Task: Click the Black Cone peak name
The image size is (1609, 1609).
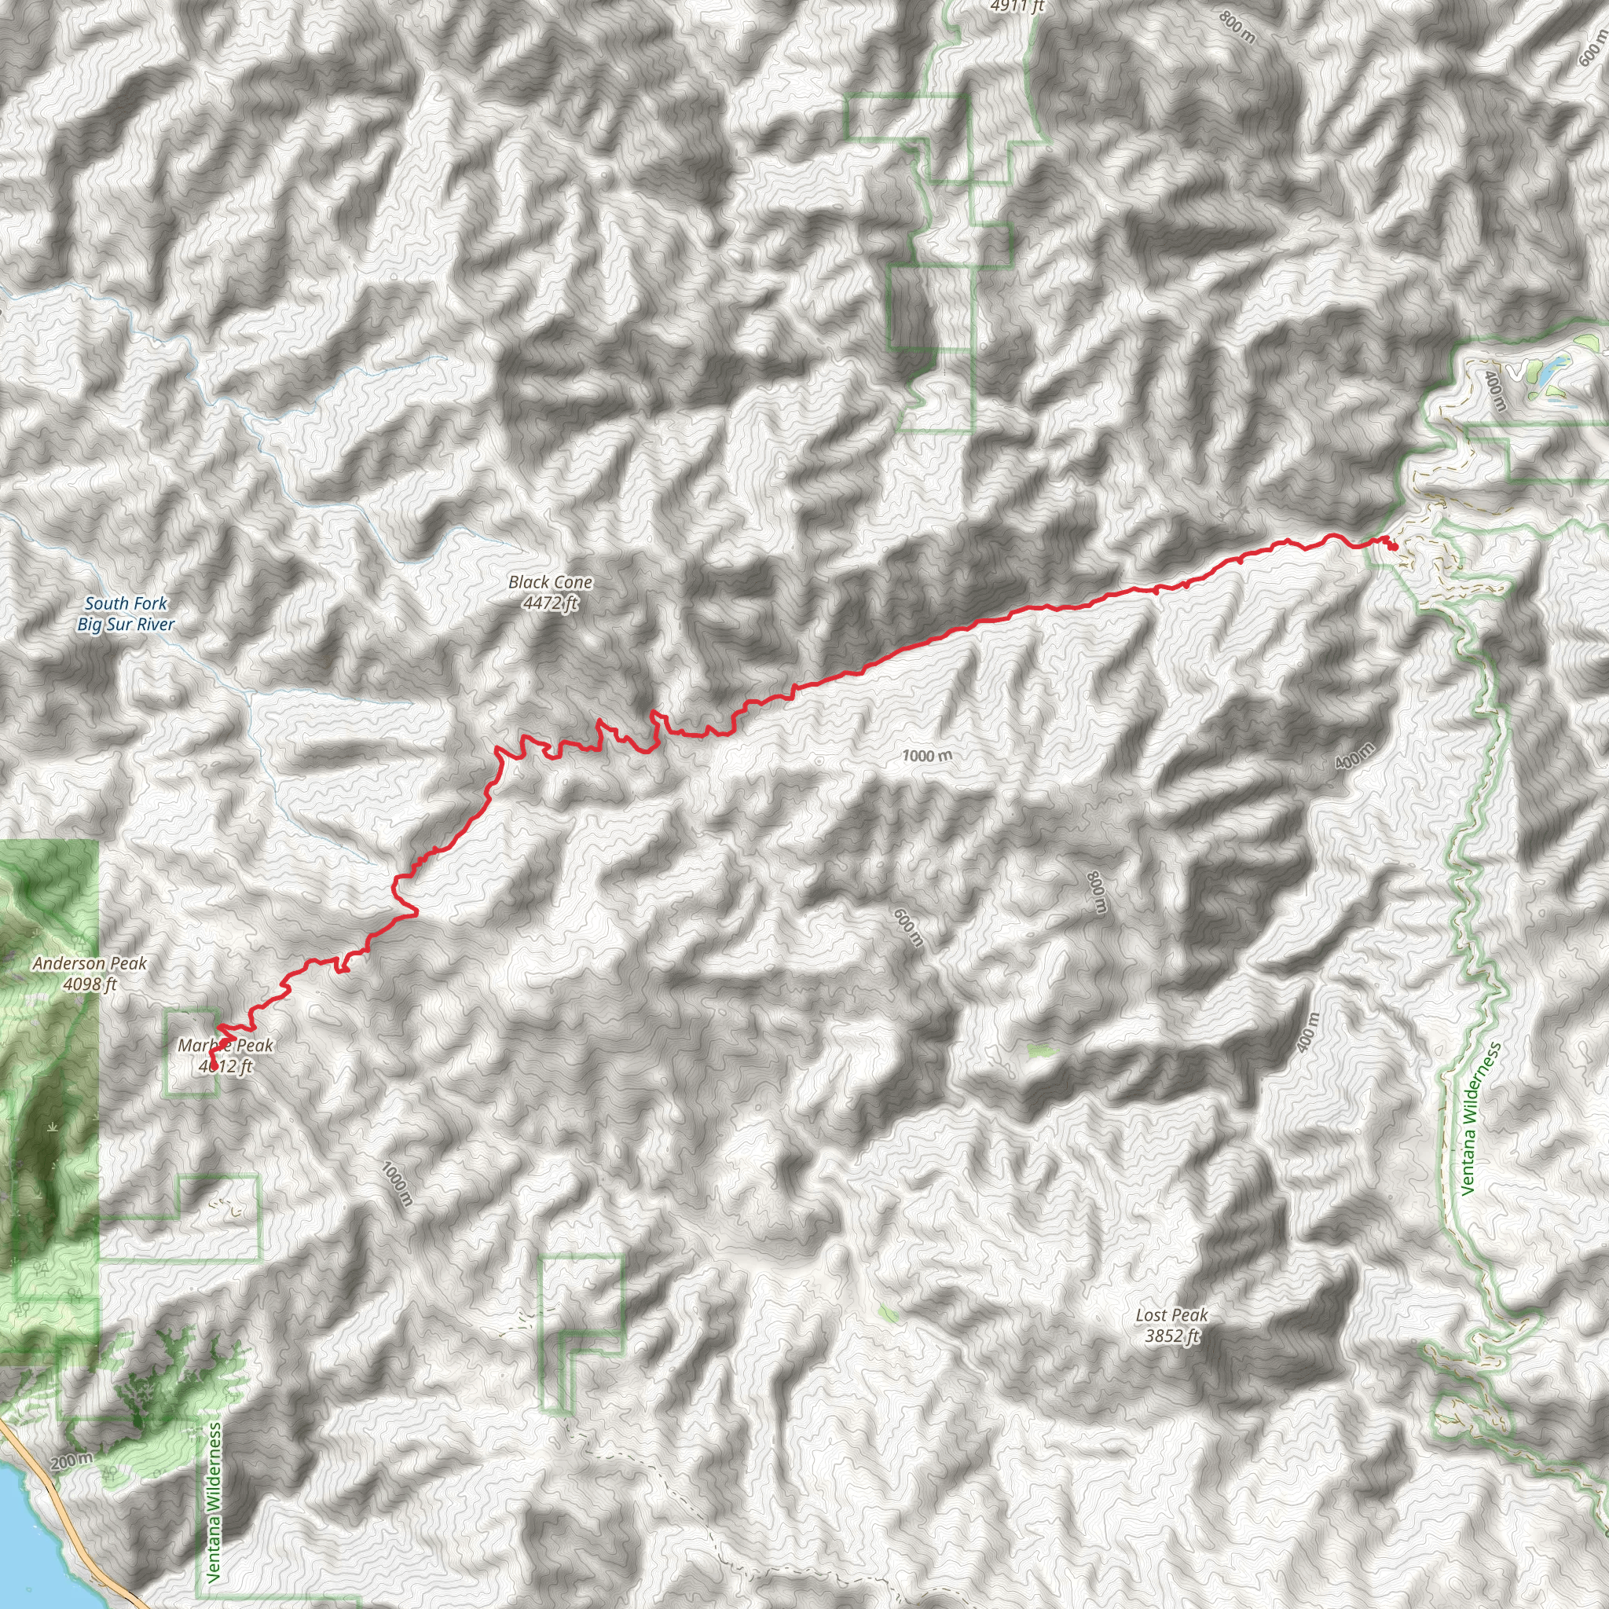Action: [551, 582]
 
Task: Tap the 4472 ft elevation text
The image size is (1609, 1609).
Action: [551, 602]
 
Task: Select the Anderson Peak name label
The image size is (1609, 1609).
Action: [90, 963]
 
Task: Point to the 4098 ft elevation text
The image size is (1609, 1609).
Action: [90, 984]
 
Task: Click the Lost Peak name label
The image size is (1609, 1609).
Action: [1171, 1315]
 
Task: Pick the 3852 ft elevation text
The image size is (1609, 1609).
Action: [1171, 1336]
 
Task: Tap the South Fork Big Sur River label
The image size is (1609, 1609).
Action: [126, 614]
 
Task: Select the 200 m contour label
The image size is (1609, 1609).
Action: [71, 1460]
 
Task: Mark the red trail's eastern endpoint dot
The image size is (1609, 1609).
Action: [1392, 546]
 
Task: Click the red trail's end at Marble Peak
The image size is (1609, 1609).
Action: [213, 1066]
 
